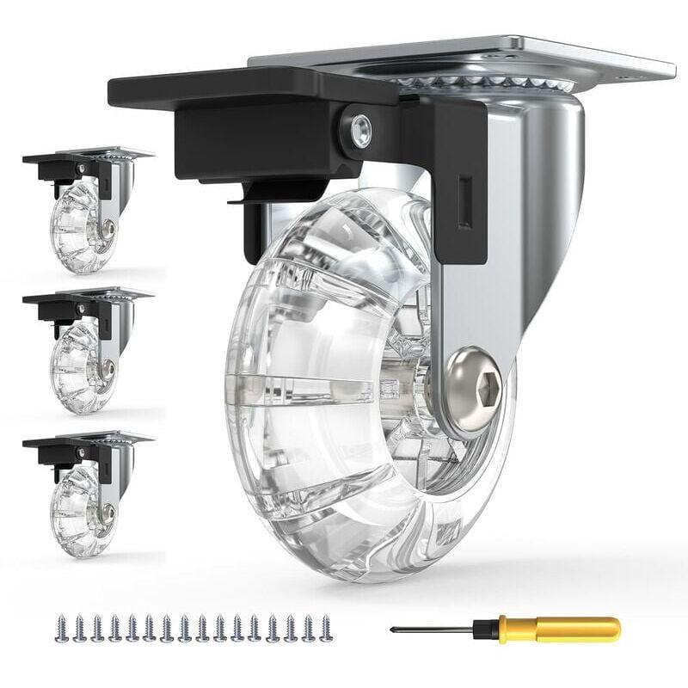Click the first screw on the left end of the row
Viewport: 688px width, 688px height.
pos(60,626)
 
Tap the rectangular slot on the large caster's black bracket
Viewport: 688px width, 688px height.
pos(464,203)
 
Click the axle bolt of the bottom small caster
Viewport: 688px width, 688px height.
pos(107,512)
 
